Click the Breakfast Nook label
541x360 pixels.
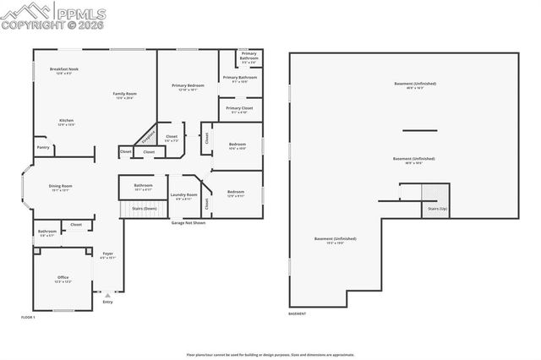coord(64,71)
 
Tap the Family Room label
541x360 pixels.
coord(125,95)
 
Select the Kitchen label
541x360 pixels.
coord(66,122)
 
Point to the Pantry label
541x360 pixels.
coord(42,147)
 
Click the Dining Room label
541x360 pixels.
coord(60,188)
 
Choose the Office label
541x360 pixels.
coord(63,279)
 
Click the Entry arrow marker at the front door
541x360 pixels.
coord(107,296)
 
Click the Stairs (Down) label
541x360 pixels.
coord(145,208)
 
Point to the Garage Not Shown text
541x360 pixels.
coord(189,222)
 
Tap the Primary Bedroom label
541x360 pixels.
coord(187,87)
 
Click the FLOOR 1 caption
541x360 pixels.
coord(29,316)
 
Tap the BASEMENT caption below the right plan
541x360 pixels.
coord(297,314)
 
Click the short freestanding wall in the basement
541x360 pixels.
coord(419,130)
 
